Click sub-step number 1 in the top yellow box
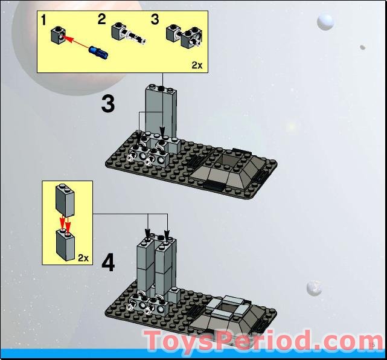[x=44, y=21]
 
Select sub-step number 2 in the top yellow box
[x=102, y=19]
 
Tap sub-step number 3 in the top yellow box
[x=155, y=19]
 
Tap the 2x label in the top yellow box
[x=197, y=65]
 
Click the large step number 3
[x=107, y=104]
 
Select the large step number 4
[x=107, y=263]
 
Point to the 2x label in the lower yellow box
[x=83, y=257]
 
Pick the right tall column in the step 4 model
[x=165, y=266]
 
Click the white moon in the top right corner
[x=325, y=22]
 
